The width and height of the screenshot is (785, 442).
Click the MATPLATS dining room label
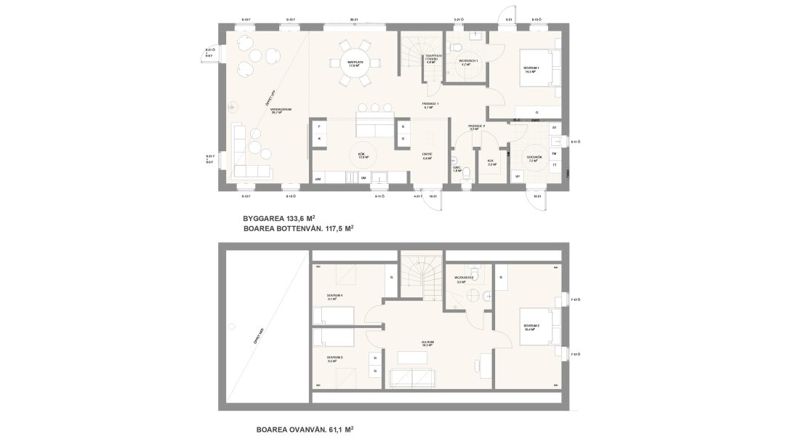355,63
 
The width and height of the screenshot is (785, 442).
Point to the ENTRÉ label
427,155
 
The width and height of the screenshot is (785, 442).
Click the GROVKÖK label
534,157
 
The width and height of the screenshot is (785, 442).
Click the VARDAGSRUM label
281,110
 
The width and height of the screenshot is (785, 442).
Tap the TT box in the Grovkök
555,165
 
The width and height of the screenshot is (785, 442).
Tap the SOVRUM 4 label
335,297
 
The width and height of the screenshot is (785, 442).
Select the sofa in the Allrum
412,379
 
